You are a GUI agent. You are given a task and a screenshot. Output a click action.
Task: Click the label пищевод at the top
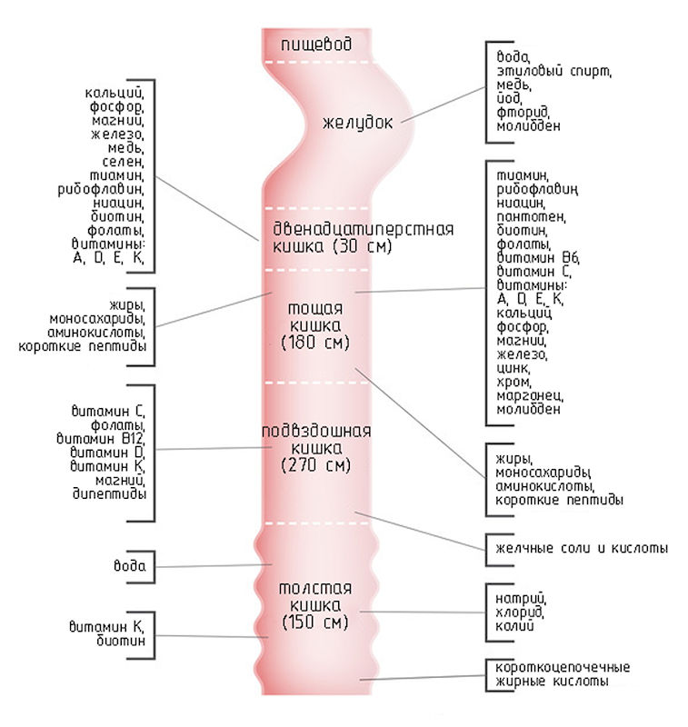314,44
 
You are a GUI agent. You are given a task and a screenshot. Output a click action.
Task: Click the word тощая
311,307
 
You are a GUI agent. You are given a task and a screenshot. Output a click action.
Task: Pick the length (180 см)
315,343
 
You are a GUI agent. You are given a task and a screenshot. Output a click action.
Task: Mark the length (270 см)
314,466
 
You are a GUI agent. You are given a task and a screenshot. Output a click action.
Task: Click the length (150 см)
315,622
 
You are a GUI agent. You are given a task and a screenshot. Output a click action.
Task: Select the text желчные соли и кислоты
583,548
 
